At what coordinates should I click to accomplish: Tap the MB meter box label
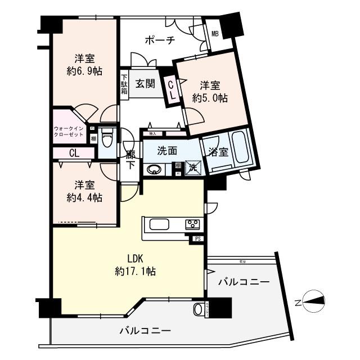tap(215, 33)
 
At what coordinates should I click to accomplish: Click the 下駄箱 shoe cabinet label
tap(124, 85)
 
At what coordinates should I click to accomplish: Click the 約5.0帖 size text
tap(210, 98)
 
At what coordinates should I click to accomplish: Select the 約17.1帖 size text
tap(135, 271)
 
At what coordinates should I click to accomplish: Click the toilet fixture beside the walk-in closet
tap(110, 137)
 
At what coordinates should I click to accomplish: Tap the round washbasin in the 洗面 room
tap(152, 169)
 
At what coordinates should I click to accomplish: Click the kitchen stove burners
tap(192, 224)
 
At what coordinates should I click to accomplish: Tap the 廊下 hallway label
tap(130, 159)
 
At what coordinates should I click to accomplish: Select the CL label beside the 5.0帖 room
tap(171, 90)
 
